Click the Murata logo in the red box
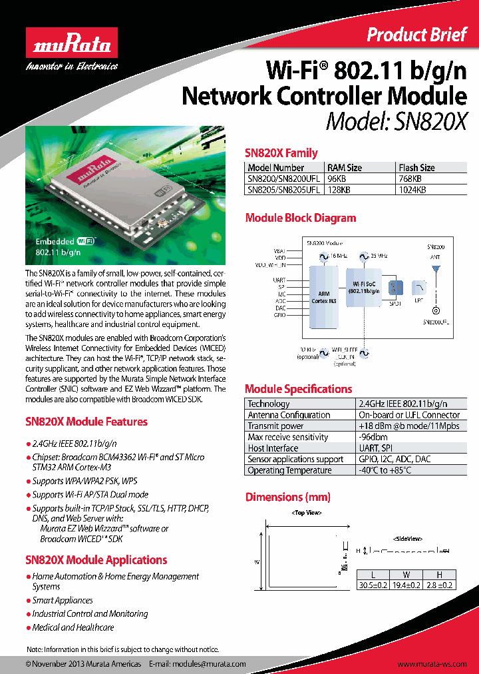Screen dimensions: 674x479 pos(71,47)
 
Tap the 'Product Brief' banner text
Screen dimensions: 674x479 pos(416,35)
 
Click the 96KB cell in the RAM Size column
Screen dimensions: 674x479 pos(337,178)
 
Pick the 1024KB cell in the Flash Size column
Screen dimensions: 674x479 pos(412,189)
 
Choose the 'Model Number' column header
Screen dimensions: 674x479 pos(275,168)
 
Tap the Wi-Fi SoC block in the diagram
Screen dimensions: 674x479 pos(366,288)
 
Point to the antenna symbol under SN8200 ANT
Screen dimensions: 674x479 pos(436,270)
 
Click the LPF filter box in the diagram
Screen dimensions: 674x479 pos(418,287)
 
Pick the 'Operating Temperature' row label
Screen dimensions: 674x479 pos(289,470)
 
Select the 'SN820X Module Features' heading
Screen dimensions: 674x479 pos(86,422)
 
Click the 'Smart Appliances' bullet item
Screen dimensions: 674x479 pos(64,600)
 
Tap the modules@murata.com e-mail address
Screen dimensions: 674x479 pos(209,664)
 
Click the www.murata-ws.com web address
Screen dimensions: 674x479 pos(434,664)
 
